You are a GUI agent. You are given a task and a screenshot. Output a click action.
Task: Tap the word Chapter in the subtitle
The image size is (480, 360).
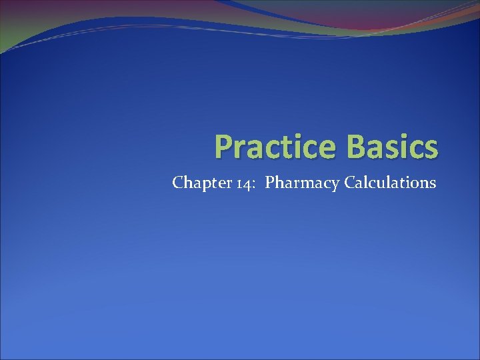(x=196, y=183)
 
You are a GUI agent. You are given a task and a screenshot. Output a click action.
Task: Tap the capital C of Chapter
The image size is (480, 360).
(x=177, y=182)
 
